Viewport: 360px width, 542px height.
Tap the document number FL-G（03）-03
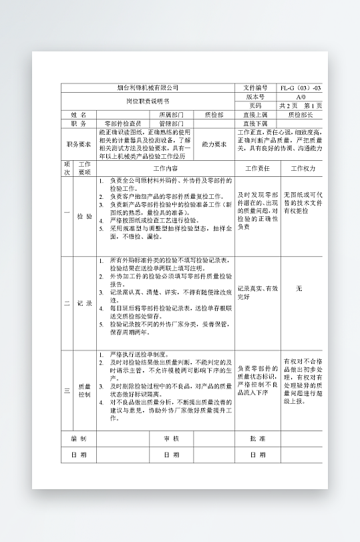point(301,87)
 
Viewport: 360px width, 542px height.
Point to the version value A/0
point(301,97)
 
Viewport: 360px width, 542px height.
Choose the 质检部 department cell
point(214,115)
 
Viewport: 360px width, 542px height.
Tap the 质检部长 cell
point(301,115)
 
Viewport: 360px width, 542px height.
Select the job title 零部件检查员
point(123,123)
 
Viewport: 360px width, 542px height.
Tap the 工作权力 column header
point(303,168)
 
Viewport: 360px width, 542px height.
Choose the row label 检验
point(85,216)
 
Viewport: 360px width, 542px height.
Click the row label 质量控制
point(85,390)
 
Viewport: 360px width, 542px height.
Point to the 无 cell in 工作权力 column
point(299,288)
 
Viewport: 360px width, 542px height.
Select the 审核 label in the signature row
point(172,439)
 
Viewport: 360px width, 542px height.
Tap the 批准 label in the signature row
point(257,439)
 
